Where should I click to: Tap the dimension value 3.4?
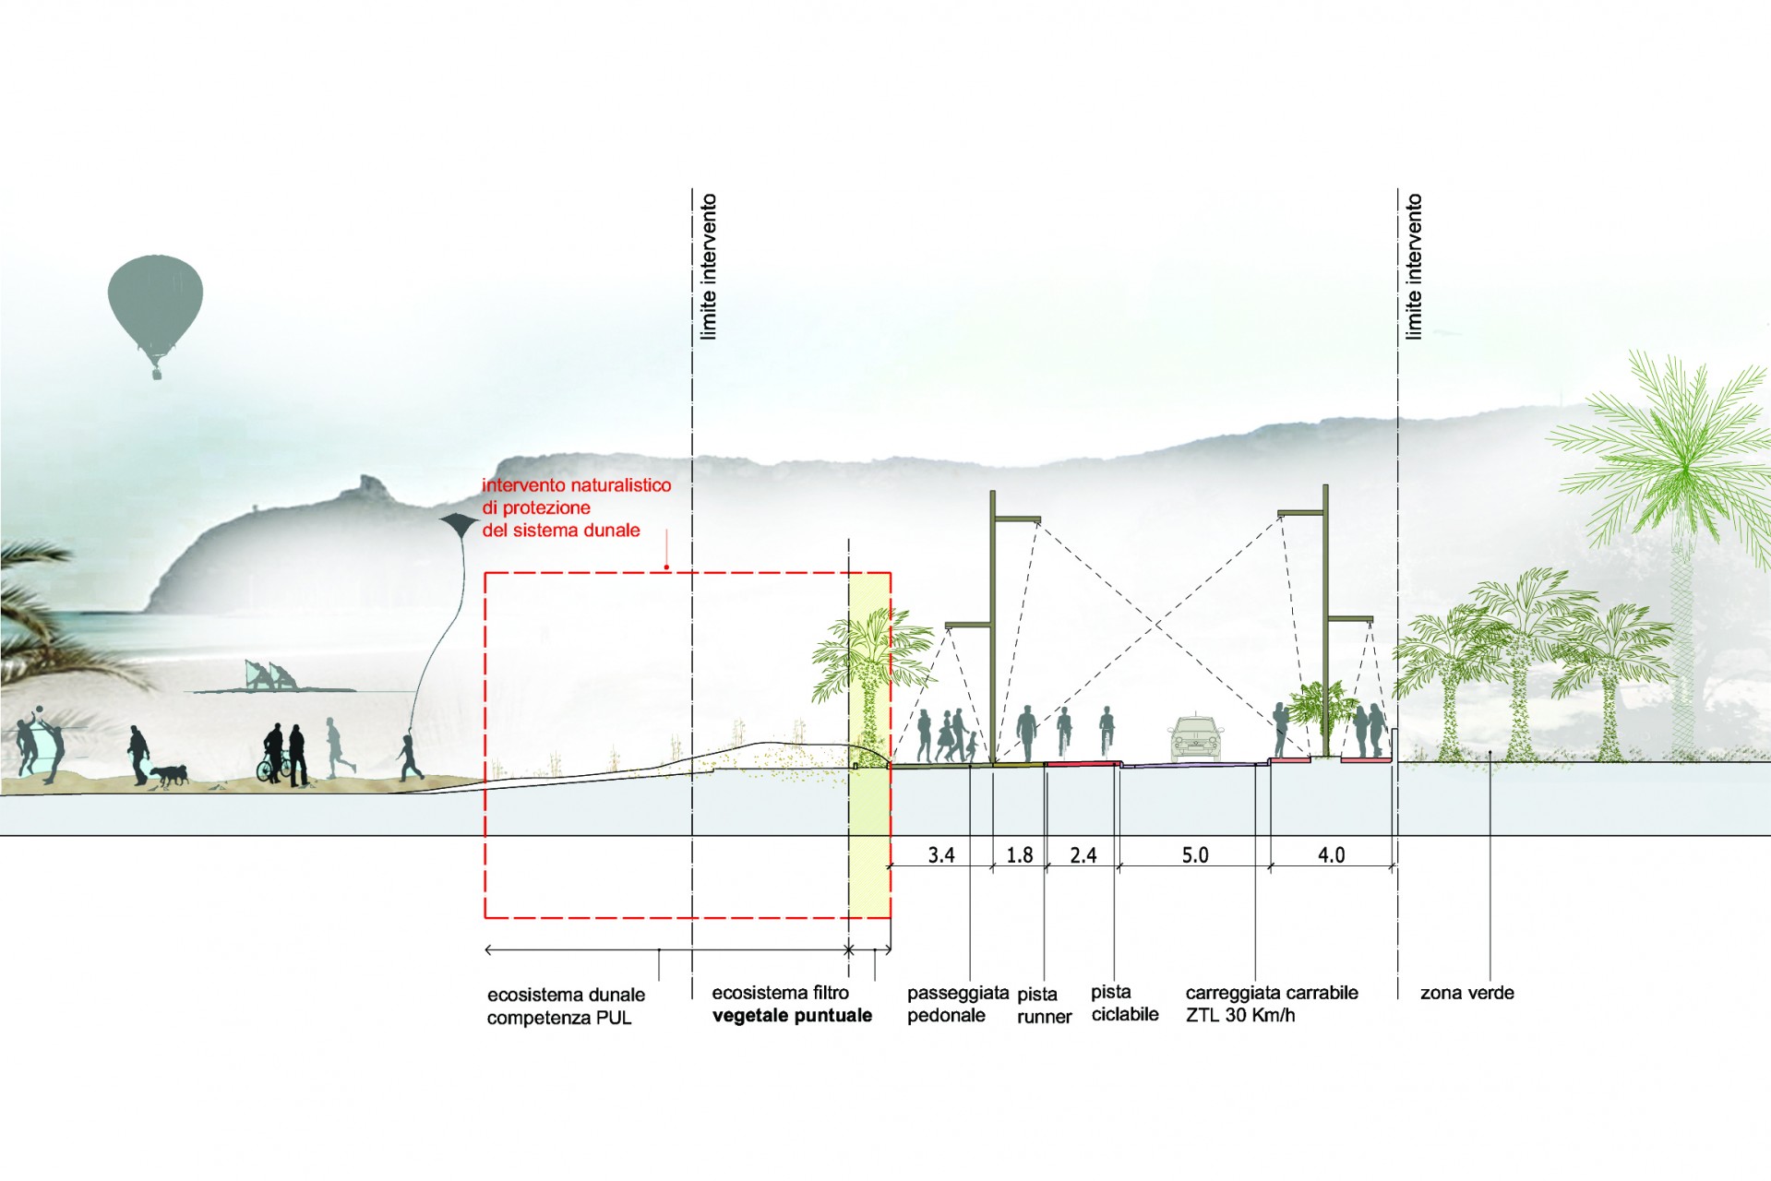point(940,855)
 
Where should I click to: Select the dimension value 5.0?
point(1194,855)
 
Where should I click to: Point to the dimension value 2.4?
point(1083,855)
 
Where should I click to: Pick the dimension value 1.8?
point(1019,855)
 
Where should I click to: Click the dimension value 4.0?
point(1330,855)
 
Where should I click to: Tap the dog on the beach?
point(169,774)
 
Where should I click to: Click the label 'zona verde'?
point(1466,993)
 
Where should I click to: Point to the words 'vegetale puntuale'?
point(792,1016)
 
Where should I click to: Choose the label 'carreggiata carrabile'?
point(1271,993)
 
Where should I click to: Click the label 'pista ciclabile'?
point(1124,1004)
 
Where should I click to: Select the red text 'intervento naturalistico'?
point(576,485)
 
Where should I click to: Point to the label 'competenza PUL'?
point(558,1019)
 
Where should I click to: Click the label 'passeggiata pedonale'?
point(957,1005)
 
